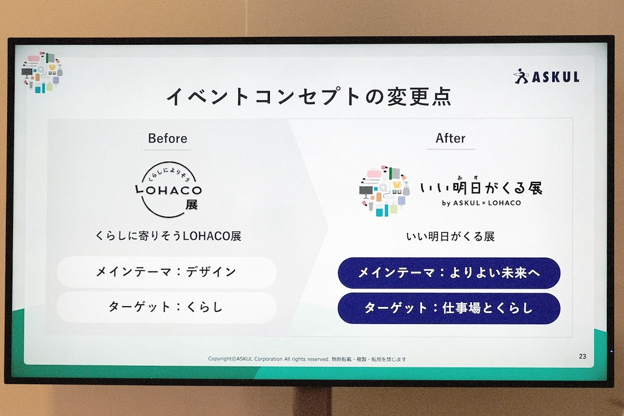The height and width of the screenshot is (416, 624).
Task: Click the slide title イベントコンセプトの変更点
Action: tap(308, 97)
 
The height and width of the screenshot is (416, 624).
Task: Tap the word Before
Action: tap(167, 138)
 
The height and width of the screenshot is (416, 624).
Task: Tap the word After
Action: tap(450, 138)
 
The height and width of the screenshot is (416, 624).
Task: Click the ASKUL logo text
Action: tap(555, 77)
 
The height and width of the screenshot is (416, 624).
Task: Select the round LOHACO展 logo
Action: tap(168, 189)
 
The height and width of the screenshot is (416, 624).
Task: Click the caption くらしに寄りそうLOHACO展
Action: tap(168, 236)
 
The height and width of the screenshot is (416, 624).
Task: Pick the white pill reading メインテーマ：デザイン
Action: tap(166, 272)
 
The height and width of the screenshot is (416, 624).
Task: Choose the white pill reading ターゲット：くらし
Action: tap(166, 307)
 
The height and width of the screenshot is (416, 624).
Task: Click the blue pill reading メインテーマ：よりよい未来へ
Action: tap(449, 273)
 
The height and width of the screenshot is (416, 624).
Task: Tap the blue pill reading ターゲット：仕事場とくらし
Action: tap(449, 308)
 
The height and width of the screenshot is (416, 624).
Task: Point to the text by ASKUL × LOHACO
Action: tap(482, 203)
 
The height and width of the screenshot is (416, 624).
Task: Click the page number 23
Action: tap(582, 356)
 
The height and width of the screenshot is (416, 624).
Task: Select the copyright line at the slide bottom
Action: tap(307, 359)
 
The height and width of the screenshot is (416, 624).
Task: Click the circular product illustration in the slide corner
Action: tap(42, 72)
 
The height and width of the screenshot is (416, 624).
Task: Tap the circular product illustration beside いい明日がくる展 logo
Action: tap(384, 191)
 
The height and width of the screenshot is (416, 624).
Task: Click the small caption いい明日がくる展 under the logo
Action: tap(450, 237)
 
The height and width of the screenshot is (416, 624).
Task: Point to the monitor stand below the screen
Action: tap(314, 401)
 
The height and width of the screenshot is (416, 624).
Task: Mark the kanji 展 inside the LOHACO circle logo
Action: tap(192, 205)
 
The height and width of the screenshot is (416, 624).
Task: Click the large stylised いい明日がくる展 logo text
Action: tap(481, 187)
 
